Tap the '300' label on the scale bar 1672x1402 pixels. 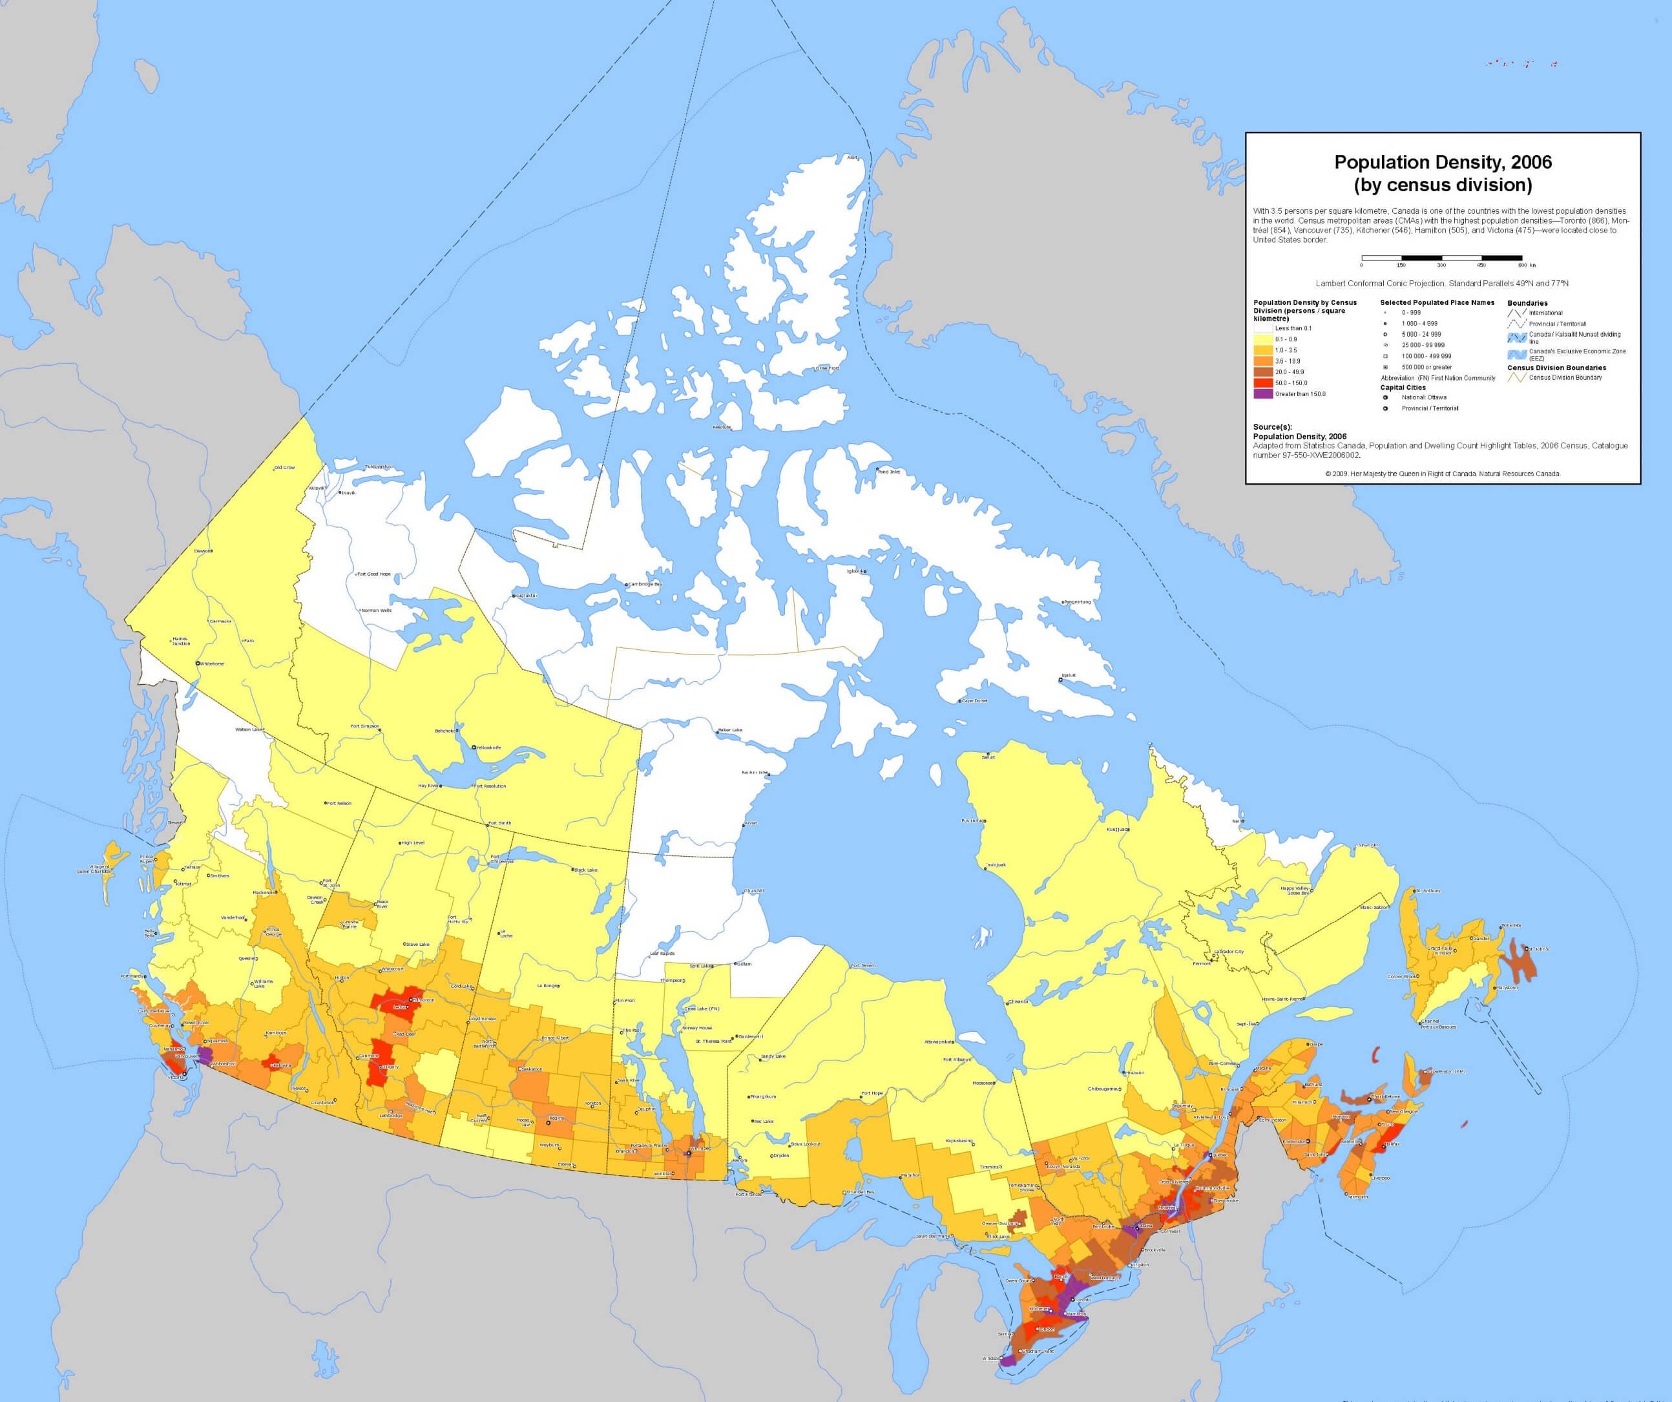coord(1441,264)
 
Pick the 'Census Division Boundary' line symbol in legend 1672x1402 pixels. coord(1516,378)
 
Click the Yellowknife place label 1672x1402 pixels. coord(489,748)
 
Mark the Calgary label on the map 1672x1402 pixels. coord(391,1067)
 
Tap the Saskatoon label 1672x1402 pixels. coord(531,1069)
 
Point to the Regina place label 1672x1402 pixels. coord(556,1118)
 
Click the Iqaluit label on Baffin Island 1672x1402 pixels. coord(1068,675)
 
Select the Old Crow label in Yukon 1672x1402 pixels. coord(284,467)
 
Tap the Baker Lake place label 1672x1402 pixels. coord(730,730)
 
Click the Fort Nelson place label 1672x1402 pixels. coord(339,803)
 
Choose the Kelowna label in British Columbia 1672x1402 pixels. coord(280,1065)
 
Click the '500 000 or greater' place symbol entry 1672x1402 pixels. coord(1426,368)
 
